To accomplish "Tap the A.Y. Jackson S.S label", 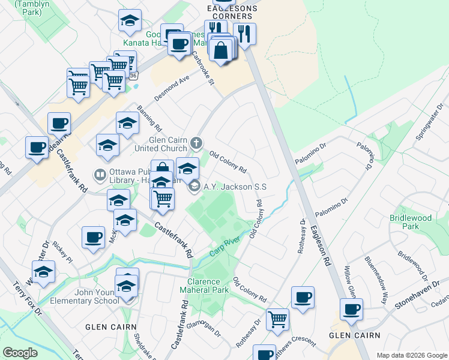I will pyautogui.click(x=235, y=187).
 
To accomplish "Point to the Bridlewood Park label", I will pyautogui.click(x=410, y=222).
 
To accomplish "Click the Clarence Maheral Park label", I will pyautogui.click(x=208, y=286).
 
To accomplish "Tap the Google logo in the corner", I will pyautogui.click(x=20, y=352).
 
